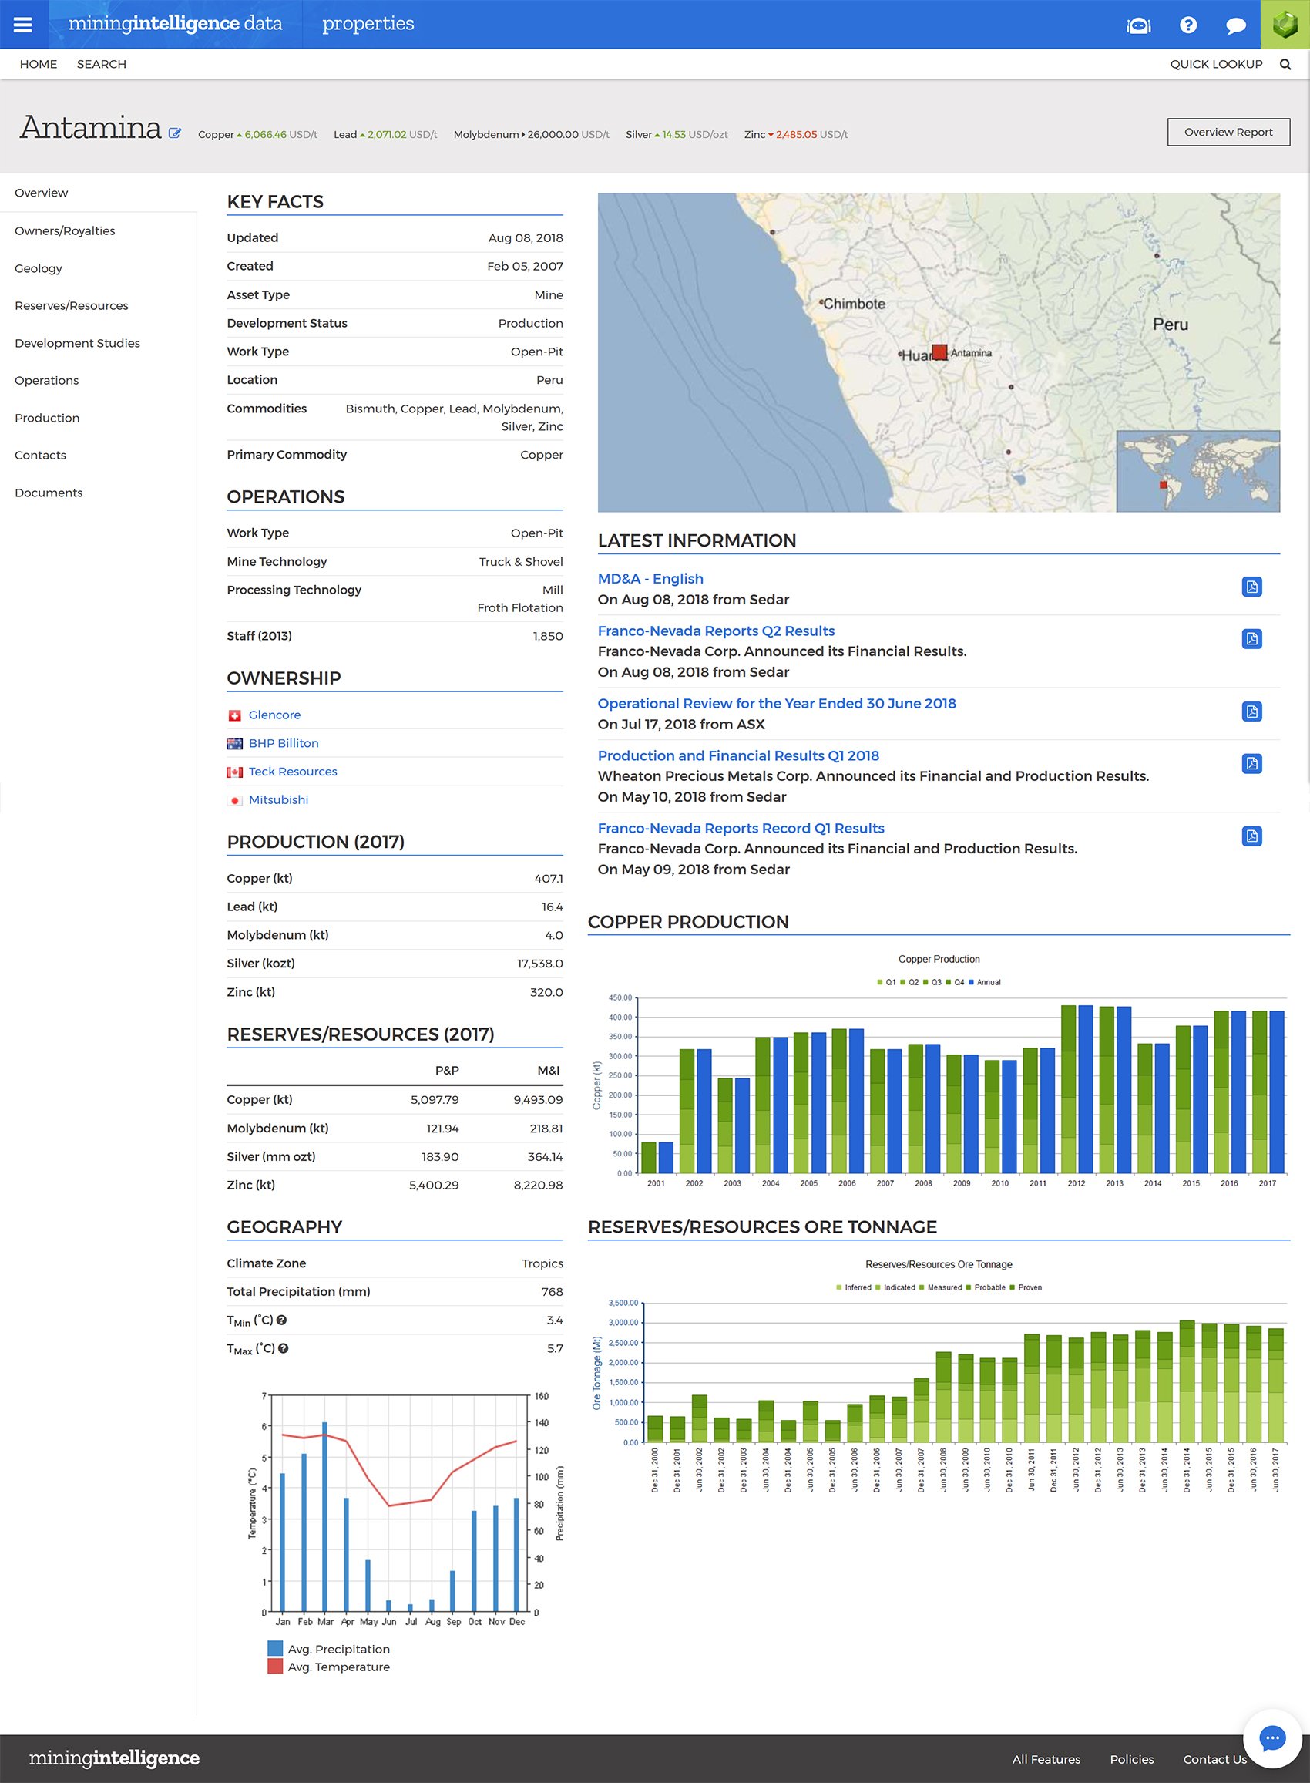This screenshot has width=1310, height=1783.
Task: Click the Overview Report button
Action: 1228,132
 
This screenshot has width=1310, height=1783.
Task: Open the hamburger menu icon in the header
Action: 23,25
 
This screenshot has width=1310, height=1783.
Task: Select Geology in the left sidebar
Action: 38,268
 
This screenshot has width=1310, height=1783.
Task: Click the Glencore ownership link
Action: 274,715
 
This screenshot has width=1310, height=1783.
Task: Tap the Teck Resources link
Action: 293,772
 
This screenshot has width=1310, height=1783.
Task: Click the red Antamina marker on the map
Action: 939,352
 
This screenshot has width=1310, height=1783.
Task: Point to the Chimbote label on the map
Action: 854,304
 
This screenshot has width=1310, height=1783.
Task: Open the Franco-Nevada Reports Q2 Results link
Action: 715,631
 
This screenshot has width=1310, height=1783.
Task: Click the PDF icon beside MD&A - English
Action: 1251,587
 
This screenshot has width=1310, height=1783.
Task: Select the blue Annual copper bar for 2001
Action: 665,1157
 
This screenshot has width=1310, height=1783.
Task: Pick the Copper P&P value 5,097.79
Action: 434,1099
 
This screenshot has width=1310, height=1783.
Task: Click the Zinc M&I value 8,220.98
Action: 538,1185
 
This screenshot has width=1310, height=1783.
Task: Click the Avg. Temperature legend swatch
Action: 275,1667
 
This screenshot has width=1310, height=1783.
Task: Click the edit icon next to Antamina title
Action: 174,133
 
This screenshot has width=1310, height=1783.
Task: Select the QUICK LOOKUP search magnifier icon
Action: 1285,64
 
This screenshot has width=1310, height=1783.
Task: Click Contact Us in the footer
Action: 1214,1759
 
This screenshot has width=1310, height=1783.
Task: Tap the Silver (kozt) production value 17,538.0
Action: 539,964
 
